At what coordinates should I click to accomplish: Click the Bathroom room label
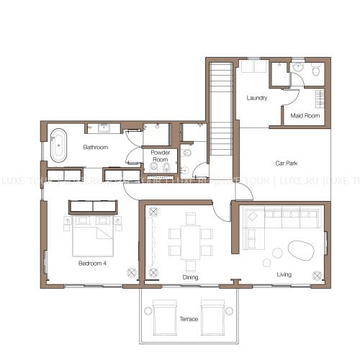click(96, 147)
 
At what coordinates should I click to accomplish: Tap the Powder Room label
click(161, 156)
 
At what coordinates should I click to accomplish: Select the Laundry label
click(257, 98)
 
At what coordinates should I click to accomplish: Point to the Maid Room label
click(305, 116)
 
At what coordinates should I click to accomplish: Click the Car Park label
click(287, 163)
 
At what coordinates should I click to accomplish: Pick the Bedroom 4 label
click(92, 264)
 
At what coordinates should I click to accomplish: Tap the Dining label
click(190, 277)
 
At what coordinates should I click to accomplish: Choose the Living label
click(284, 274)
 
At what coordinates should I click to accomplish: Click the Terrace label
click(189, 319)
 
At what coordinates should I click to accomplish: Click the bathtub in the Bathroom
click(58, 145)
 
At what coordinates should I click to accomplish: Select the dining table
click(191, 242)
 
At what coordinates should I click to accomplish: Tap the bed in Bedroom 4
click(93, 236)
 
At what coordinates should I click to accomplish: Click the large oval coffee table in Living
click(301, 251)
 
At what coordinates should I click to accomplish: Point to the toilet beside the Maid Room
click(316, 69)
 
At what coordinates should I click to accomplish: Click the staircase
click(221, 109)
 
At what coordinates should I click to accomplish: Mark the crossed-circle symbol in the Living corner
click(318, 275)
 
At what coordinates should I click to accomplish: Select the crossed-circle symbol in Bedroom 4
click(132, 272)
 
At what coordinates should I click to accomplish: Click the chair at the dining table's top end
click(191, 219)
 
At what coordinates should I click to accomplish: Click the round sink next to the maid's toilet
click(297, 66)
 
